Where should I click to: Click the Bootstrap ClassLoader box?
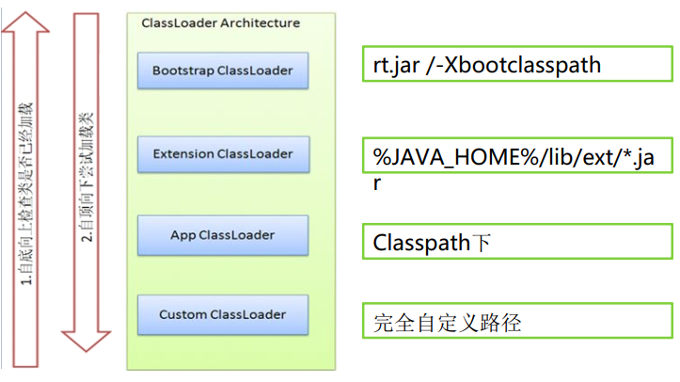click(222, 71)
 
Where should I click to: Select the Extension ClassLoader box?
click(222, 153)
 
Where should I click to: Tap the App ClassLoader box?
click(222, 233)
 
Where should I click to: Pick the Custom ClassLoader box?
click(222, 313)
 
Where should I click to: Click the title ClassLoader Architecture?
click(220, 23)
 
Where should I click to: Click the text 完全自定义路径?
click(447, 324)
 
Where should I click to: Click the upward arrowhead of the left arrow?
click(28, 28)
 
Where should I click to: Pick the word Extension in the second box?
click(183, 153)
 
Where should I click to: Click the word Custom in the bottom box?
click(182, 313)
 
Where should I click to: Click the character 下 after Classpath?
click(481, 243)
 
